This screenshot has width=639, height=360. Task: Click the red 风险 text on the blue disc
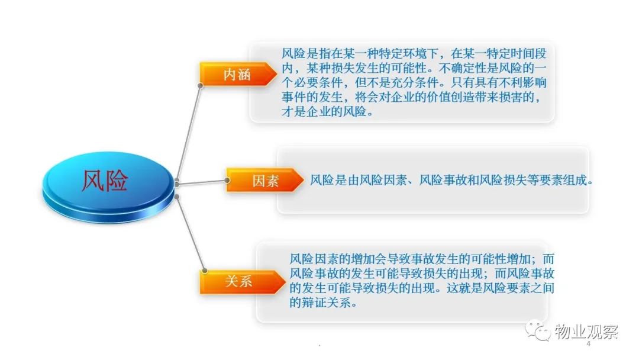[x=105, y=180]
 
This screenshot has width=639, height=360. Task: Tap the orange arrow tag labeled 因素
[x=265, y=180]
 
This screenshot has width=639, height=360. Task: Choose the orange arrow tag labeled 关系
[x=242, y=281]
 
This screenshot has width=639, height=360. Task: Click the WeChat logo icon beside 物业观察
[x=538, y=331]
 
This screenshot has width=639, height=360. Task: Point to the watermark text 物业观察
[x=586, y=332]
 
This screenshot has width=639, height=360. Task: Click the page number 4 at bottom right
[x=588, y=343]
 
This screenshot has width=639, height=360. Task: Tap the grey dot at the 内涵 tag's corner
[x=200, y=86]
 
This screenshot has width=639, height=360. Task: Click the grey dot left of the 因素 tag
[x=227, y=180]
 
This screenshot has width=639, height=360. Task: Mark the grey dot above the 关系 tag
[x=205, y=271]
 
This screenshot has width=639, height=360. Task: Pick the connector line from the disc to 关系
[x=191, y=234]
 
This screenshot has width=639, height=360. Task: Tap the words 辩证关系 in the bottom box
[x=326, y=303]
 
